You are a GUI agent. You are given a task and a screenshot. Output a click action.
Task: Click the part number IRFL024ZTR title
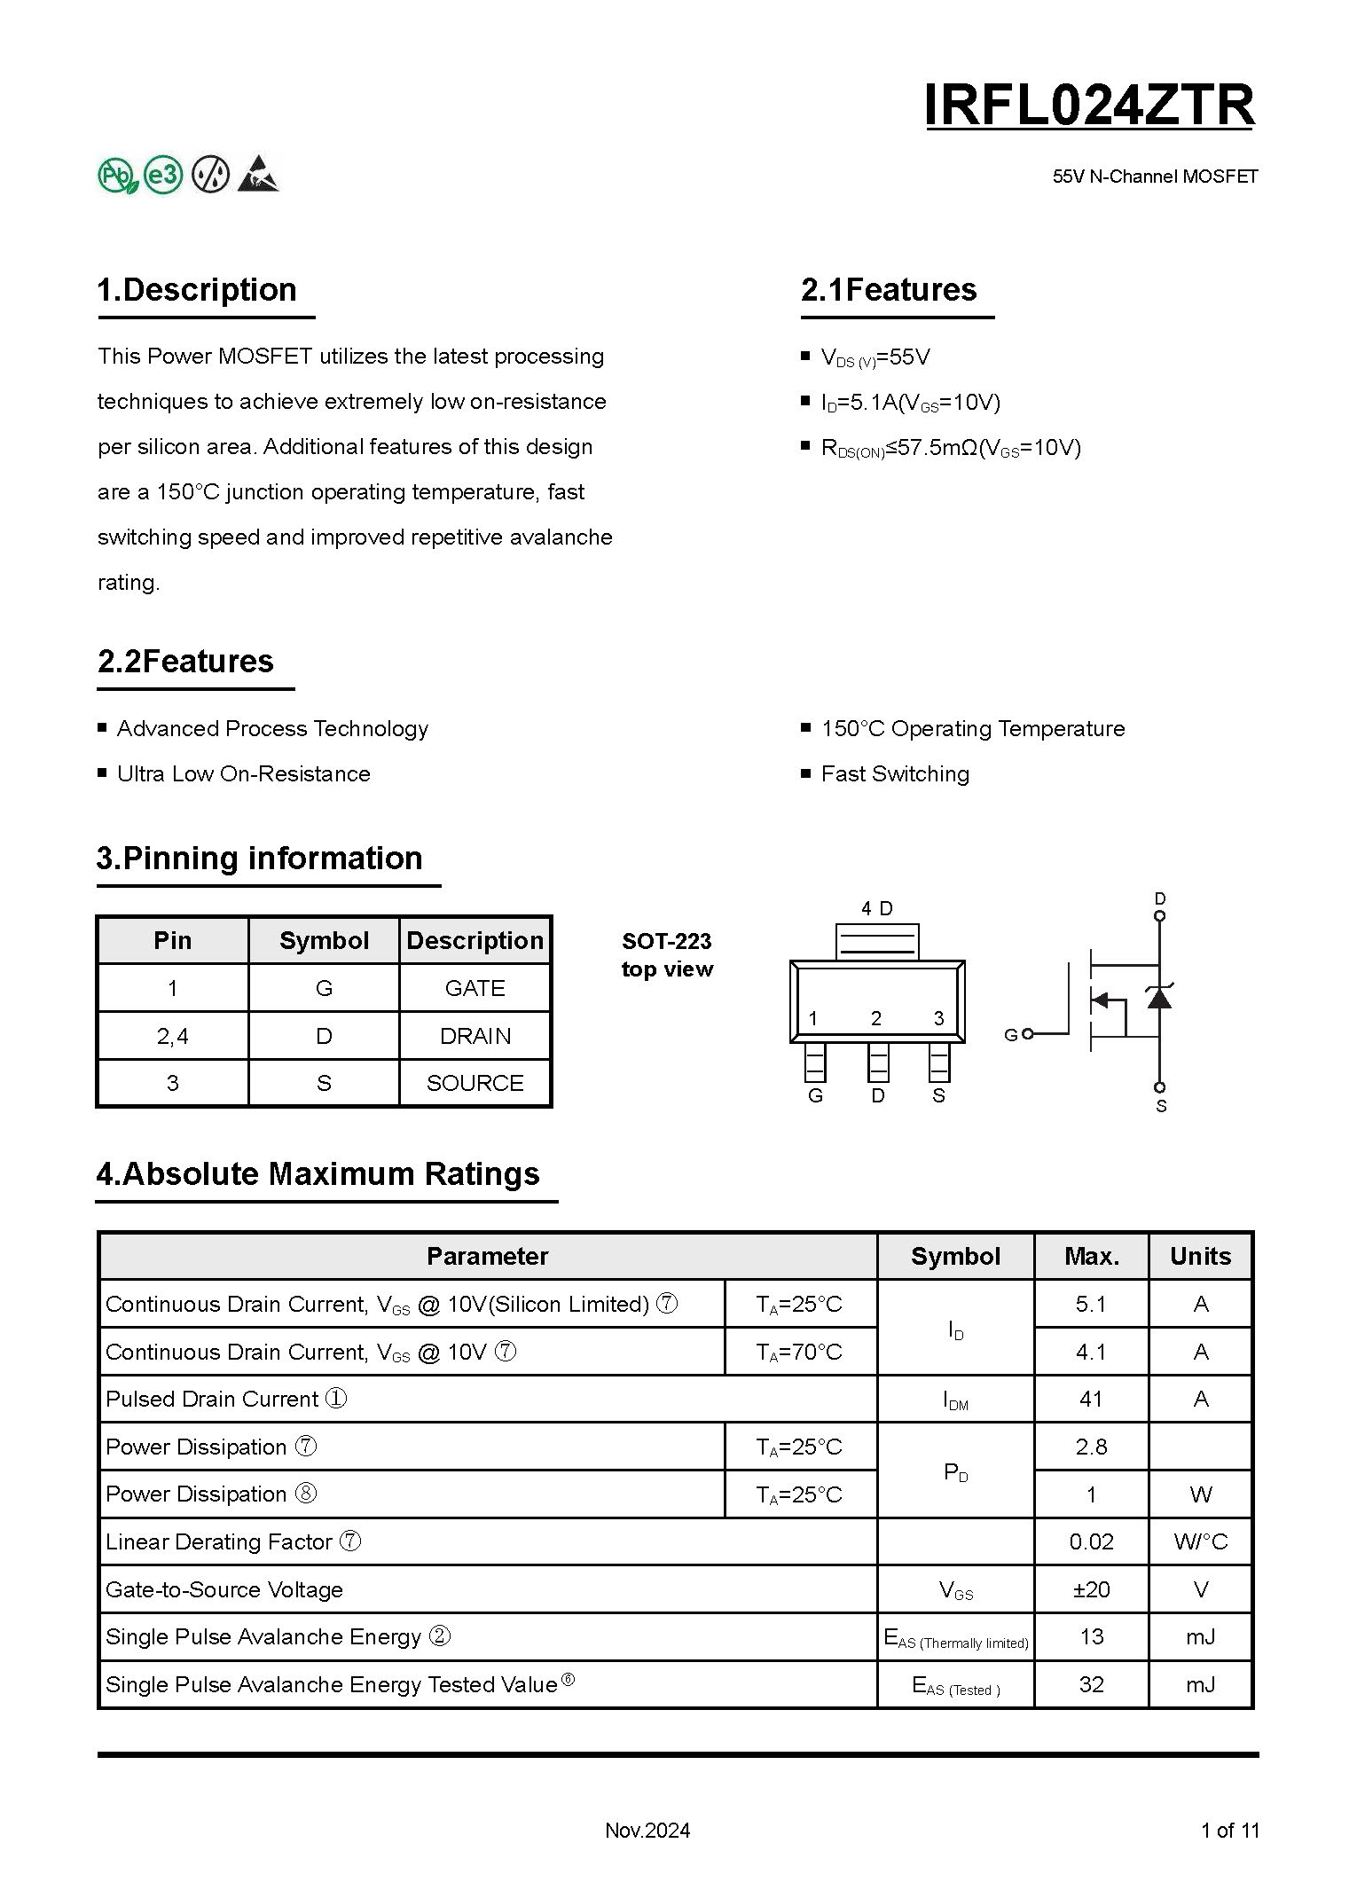(x=1089, y=106)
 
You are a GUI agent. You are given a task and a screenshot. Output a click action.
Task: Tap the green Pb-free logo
(x=117, y=175)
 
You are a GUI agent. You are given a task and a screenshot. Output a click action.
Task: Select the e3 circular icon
(x=163, y=175)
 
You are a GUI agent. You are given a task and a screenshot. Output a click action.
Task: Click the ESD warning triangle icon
(x=258, y=174)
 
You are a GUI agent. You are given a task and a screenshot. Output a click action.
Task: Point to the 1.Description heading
(x=197, y=290)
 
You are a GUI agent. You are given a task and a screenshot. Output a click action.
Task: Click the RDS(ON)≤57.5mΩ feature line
(x=951, y=448)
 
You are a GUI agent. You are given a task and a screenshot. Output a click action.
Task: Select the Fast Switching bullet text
(x=895, y=774)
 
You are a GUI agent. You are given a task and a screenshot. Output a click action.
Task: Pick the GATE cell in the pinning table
(x=475, y=988)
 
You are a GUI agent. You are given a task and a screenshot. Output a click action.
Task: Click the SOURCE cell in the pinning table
(x=475, y=1083)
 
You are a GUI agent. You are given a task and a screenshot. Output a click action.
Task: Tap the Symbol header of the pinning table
(x=324, y=940)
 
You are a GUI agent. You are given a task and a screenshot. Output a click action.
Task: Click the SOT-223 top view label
(x=667, y=954)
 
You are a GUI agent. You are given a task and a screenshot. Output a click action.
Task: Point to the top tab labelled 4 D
(x=877, y=940)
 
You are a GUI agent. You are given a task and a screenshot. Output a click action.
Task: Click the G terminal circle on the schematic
(x=1028, y=1034)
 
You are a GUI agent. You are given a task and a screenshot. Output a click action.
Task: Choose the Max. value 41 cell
(x=1091, y=1400)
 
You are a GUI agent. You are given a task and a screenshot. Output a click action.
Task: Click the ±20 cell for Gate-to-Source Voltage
(x=1091, y=1589)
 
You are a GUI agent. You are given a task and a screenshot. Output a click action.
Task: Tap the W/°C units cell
(x=1200, y=1541)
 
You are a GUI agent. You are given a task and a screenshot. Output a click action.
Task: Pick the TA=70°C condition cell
(x=799, y=1352)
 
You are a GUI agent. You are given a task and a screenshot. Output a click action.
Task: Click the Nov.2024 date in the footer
(x=647, y=1830)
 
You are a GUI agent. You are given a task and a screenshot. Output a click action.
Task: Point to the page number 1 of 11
(x=1229, y=1830)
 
